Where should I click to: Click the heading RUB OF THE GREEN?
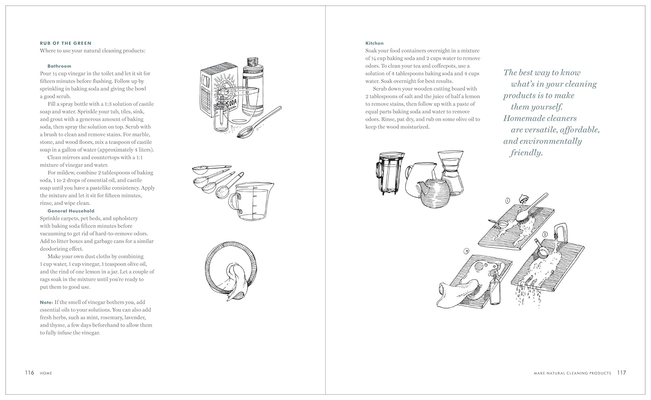[66, 43]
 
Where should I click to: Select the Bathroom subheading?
[59, 66]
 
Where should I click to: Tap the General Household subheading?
[71, 211]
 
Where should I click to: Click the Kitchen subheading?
[374, 43]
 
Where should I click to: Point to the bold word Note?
[46, 302]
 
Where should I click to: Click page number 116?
[29, 373]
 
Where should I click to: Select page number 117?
[621, 373]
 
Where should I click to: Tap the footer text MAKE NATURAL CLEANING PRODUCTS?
[566, 373]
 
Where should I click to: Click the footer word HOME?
[46, 373]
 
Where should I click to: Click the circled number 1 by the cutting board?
[507, 201]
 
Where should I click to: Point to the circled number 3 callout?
[466, 251]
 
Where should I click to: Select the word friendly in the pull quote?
[526, 152]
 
